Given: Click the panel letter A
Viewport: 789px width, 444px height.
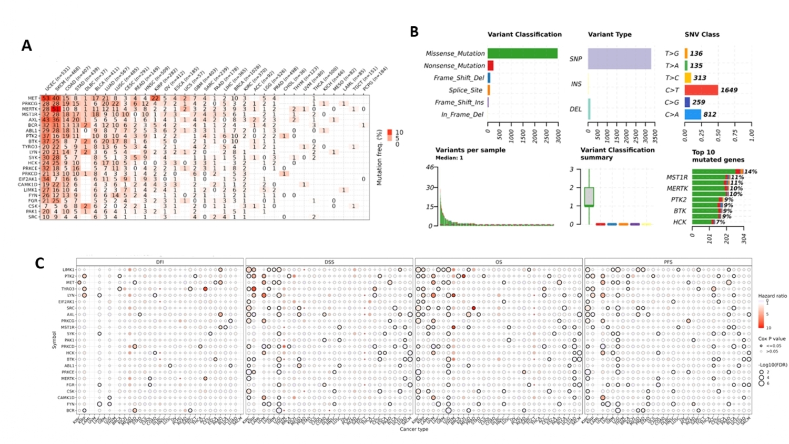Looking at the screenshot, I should (x=27, y=46).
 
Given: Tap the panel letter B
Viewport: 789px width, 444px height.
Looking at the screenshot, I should (x=414, y=32).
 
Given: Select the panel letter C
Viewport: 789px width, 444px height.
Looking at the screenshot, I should (x=39, y=263).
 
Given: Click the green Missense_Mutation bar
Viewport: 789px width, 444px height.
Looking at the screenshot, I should (x=522, y=53).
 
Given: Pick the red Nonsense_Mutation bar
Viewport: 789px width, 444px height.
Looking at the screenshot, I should (x=490, y=65).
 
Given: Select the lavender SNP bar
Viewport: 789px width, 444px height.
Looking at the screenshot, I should (x=619, y=58).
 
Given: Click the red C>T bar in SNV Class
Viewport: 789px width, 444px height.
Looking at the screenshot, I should (x=701, y=90).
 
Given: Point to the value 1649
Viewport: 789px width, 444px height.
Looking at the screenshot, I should (x=729, y=90).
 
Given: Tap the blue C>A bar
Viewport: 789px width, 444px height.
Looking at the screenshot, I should (x=693, y=114).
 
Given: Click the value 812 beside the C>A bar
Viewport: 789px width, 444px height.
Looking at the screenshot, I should (x=711, y=114).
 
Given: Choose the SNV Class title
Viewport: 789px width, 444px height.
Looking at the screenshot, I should (x=702, y=34).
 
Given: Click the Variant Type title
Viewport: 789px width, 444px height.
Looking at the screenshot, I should (x=610, y=34).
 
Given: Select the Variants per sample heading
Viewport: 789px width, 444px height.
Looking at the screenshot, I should (x=470, y=150).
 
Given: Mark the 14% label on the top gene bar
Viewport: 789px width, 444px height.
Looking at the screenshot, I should (x=750, y=171).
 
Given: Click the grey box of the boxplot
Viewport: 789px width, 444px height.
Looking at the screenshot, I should (x=589, y=196).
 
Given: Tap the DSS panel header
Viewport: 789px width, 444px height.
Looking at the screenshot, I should (x=329, y=261).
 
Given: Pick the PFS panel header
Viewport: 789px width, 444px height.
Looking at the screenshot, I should (x=667, y=261).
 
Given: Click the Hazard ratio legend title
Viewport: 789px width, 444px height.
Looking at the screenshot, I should (x=772, y=296).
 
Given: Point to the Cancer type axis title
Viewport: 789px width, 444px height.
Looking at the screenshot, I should (x=414, y=429).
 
